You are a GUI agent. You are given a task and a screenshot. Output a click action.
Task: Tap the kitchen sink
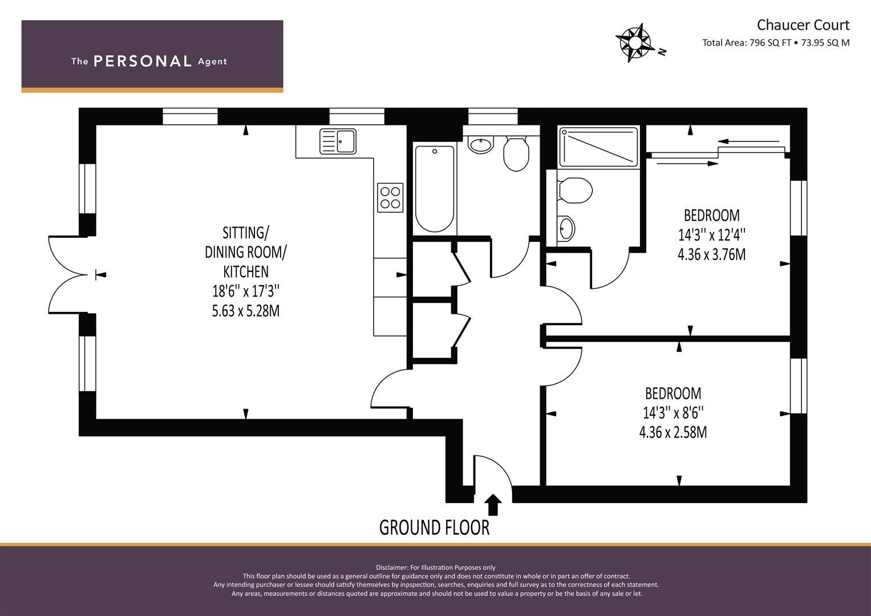[338, 141]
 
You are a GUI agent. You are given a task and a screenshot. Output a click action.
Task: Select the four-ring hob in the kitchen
[390, 197]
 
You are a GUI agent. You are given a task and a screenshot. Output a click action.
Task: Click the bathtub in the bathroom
[434, 189]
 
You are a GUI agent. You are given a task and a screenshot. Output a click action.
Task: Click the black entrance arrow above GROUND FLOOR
[493, 505]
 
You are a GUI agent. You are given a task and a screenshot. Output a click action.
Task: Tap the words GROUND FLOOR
[434, 528]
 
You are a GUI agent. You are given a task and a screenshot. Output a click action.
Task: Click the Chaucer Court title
[803, 25]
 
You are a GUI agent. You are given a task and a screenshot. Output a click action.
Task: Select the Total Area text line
[776, 43]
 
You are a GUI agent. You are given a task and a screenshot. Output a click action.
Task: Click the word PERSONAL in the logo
[143, 61]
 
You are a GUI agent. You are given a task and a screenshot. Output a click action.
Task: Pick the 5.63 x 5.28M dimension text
[246, 311]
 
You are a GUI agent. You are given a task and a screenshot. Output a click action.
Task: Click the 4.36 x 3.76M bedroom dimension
[712, 254]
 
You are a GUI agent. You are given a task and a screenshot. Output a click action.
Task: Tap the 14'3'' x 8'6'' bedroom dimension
[673, 412]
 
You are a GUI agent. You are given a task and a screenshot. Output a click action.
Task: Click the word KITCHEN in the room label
[246, 271]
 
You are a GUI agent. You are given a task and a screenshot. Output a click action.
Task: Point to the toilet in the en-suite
[575, 190]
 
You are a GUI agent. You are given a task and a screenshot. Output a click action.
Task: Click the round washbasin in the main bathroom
[481, 145]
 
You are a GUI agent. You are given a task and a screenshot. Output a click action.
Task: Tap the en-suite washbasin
[566, 228]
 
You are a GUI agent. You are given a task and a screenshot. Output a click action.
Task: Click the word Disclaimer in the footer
[392, 568]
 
